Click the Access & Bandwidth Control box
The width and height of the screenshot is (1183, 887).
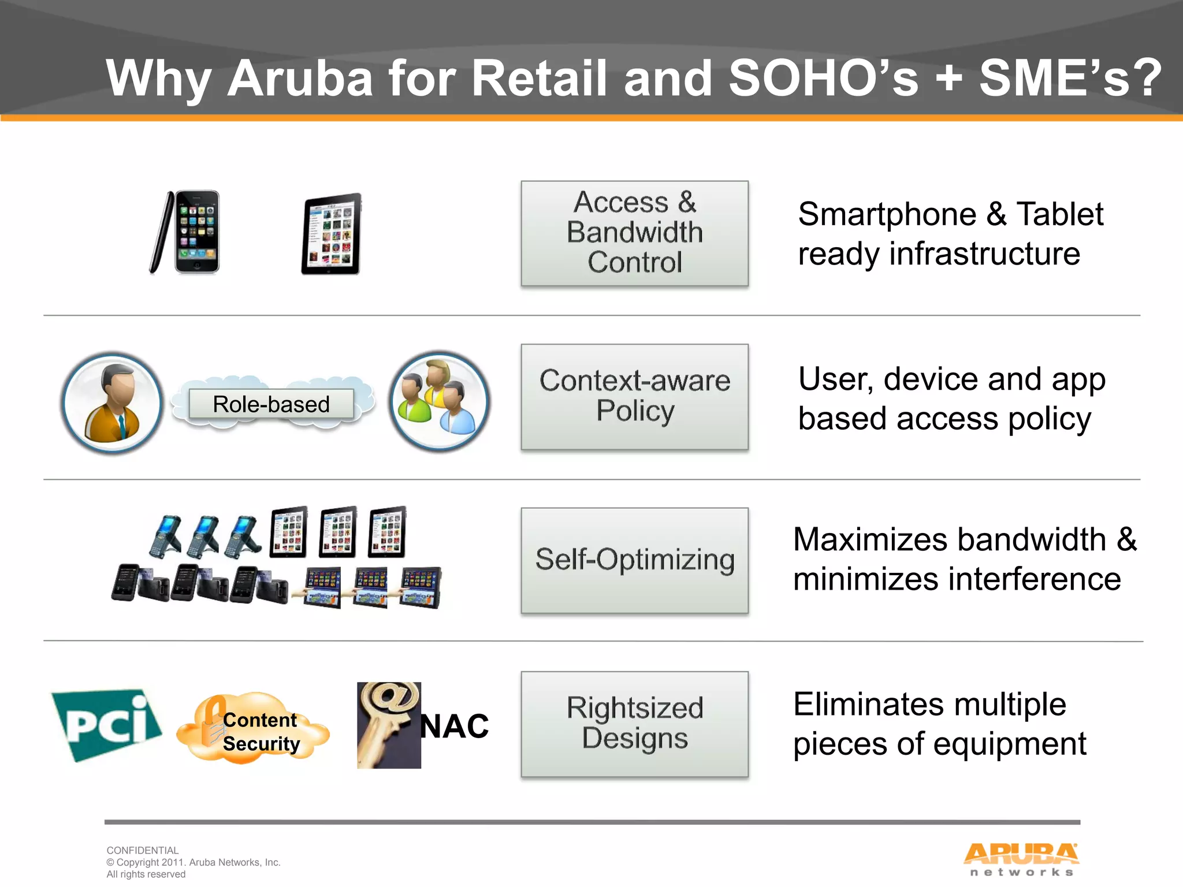click(634, 233)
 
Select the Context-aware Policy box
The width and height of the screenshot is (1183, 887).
click(634, 396)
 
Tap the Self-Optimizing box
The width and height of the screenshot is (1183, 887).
click(634, 560)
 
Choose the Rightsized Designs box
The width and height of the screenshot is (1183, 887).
click(634, 723)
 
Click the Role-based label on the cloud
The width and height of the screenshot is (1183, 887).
click(271, 404)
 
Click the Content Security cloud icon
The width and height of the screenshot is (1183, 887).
click(253, 729)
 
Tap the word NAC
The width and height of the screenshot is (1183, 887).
click(455, 726)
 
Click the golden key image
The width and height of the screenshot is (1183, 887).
click(388, 725)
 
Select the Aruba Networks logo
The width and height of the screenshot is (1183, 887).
click(1021, 859)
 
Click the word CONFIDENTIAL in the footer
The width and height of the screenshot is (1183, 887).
click(143, 850)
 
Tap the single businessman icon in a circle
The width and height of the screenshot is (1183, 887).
click(112, 403)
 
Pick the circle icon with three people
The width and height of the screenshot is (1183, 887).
click(440, 402)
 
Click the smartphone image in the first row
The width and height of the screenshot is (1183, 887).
click(186, 232)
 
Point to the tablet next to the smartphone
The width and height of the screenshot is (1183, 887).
click(332, 234)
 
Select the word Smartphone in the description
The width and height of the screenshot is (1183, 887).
click(887, 215)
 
